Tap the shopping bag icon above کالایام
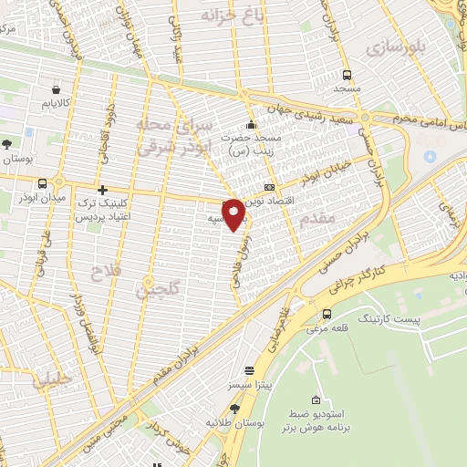point(57,90)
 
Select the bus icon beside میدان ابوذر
point(42,183)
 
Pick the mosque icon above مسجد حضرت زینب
point(252,126)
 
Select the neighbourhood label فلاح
point(103,271)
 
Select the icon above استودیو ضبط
point(316,400)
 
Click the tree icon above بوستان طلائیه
point(234,408)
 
